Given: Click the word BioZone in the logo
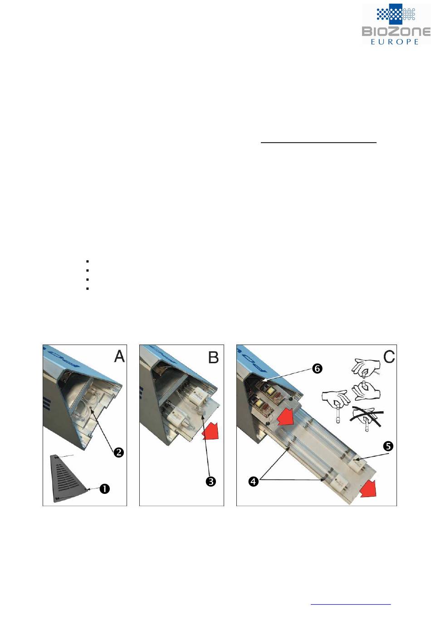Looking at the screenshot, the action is [x=396, y=31].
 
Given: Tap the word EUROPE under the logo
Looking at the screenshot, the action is [x=394, y=42].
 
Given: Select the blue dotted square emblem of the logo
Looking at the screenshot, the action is [x=396, y=14].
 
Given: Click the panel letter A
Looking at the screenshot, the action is [x=119, y=356].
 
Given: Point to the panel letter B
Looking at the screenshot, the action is [x=213, y=357].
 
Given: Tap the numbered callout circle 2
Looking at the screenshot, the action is [x=118, y=452].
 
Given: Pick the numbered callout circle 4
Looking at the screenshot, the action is [x=253, y=482].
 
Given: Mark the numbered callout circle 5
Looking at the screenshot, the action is [x=388, y=446].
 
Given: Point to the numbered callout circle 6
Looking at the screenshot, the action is [x=317, y=369].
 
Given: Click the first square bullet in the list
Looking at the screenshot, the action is [x=88, y=261].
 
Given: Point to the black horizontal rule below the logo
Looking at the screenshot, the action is [x=318, y=142].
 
